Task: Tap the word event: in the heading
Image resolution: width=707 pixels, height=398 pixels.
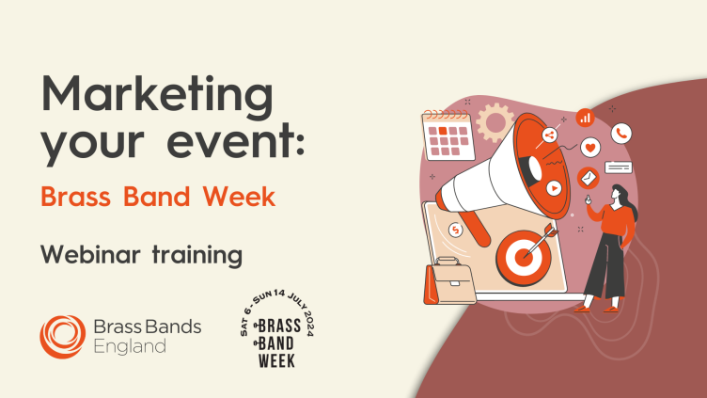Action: (x=236, y=140)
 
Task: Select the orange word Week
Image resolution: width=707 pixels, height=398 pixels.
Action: (x=239, y=197)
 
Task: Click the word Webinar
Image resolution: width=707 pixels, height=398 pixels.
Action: (x=90, y=254)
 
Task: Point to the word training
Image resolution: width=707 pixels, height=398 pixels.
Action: (x=197, y=255)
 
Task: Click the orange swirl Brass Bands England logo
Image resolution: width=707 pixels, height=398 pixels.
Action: (x=63, y=337)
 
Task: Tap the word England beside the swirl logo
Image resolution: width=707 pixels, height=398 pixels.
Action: (x=130, y=347)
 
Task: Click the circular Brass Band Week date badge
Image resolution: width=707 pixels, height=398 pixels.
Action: (x=276, y=329)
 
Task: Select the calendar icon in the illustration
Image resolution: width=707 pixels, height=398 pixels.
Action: (x=448, y=135)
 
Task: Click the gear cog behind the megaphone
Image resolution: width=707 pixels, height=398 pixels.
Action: (x=495, y=121)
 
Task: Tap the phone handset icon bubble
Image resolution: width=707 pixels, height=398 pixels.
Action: (x=621, y=134)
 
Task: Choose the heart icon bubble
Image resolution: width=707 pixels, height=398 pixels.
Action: (x=590, y=148)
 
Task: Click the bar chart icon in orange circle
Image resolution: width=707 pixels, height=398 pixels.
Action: (x=585, y=119)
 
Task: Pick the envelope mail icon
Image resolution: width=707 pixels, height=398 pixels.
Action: (x=588, y=178)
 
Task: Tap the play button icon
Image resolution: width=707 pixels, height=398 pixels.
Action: (x=554, y=188)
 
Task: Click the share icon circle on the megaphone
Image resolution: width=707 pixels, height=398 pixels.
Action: (x=549, y=135)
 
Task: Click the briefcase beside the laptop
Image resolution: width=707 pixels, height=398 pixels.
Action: (x=449, y=281)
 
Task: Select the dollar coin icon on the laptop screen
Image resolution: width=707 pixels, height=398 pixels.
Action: (x=455, y=231)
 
